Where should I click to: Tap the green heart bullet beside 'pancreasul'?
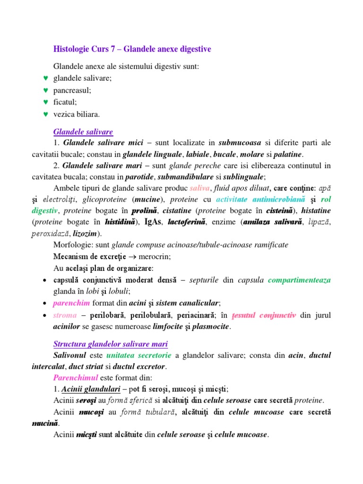(45, 90)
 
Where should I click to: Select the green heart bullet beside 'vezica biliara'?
(45, 114)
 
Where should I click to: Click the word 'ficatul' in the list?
(65, 102)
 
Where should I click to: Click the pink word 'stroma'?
(64, 315)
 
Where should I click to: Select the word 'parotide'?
(139, 177)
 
